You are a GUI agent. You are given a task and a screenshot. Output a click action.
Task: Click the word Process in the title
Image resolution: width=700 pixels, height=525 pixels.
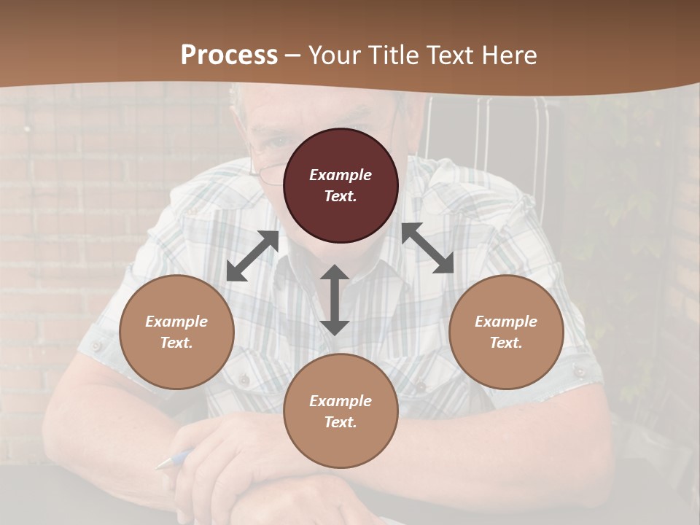[x=229, y=55]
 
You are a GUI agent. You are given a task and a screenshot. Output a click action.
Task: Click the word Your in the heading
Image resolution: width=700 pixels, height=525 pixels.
[x=334, y=55]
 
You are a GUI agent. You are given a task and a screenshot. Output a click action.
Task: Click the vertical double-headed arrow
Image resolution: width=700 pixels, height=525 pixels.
[x=335, y=300]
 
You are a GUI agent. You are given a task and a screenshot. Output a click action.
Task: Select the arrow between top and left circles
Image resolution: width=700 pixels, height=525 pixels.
[x=252, y=256]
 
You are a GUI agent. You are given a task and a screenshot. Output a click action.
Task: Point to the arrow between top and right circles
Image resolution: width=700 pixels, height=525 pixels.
[x=427, y=248]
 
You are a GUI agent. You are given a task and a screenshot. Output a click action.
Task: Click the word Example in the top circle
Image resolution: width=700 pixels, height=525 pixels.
[x=341, y=175]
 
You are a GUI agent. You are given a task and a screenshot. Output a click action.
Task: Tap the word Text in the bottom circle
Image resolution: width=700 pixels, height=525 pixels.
[x=341, y=422]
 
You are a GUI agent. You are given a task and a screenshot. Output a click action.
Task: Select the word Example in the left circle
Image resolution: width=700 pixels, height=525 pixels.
[x=176, y=322]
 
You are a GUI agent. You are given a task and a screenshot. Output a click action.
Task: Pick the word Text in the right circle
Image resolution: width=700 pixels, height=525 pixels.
[x=506, y=343]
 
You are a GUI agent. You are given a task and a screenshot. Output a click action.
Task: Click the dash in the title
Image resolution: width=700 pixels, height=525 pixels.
[x=293, y=55]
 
